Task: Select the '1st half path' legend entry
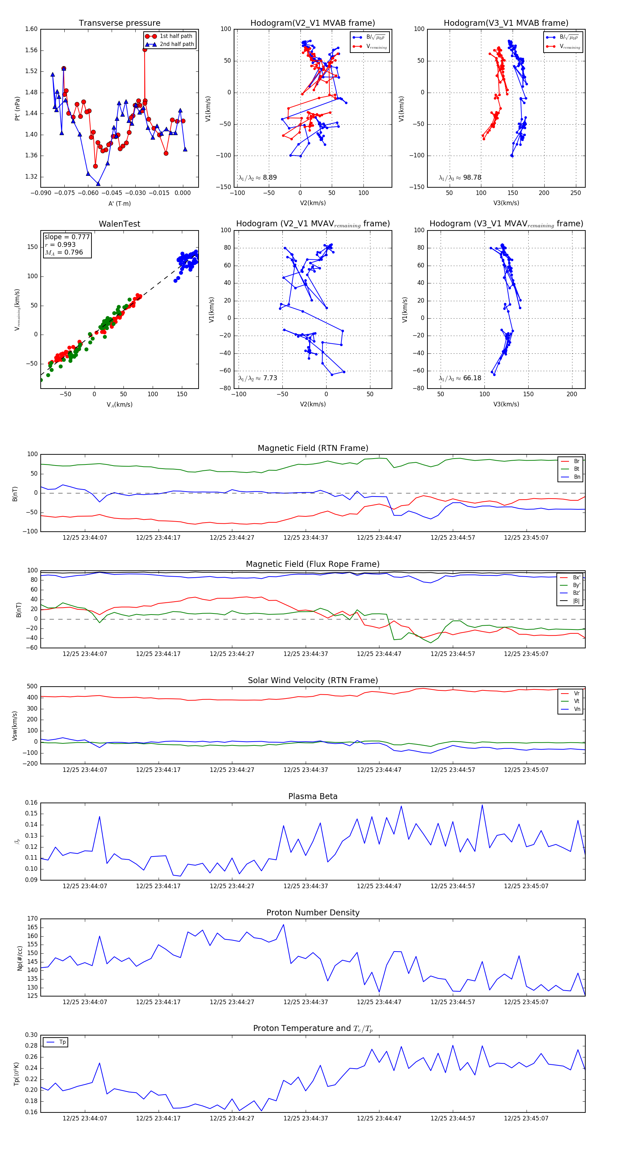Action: click(x=176, y=36)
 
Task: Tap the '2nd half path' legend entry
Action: click(x=176, y=44)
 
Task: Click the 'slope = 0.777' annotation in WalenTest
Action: click(x=67, y=237)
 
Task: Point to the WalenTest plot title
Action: click(x=119, y=224)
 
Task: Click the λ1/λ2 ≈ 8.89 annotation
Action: click(x=257, y=178)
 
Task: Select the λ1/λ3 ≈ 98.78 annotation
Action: click(x=460, y=178)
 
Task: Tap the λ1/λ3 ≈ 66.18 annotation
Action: click(x=460, y=378)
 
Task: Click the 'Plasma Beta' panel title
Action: click(x=313, y=797)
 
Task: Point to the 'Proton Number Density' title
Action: click(x=313, y=913)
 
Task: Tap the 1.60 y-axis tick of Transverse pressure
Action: click(x=31, y=29)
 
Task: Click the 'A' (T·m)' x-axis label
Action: click(x=119, y=203)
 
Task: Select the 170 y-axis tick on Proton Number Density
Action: click(x=33, y=919)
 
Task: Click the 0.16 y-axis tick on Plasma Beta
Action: click(x=31, y=803)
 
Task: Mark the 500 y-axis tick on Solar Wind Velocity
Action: click(x=32, y=687)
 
